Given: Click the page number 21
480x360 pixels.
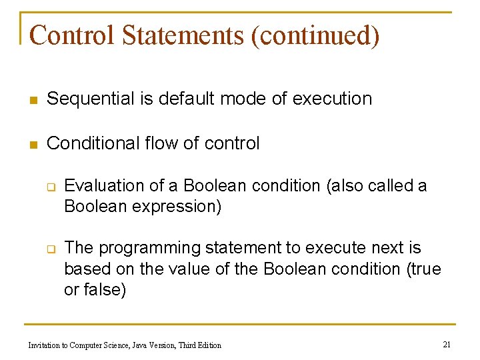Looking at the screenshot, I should pos(447,344).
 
